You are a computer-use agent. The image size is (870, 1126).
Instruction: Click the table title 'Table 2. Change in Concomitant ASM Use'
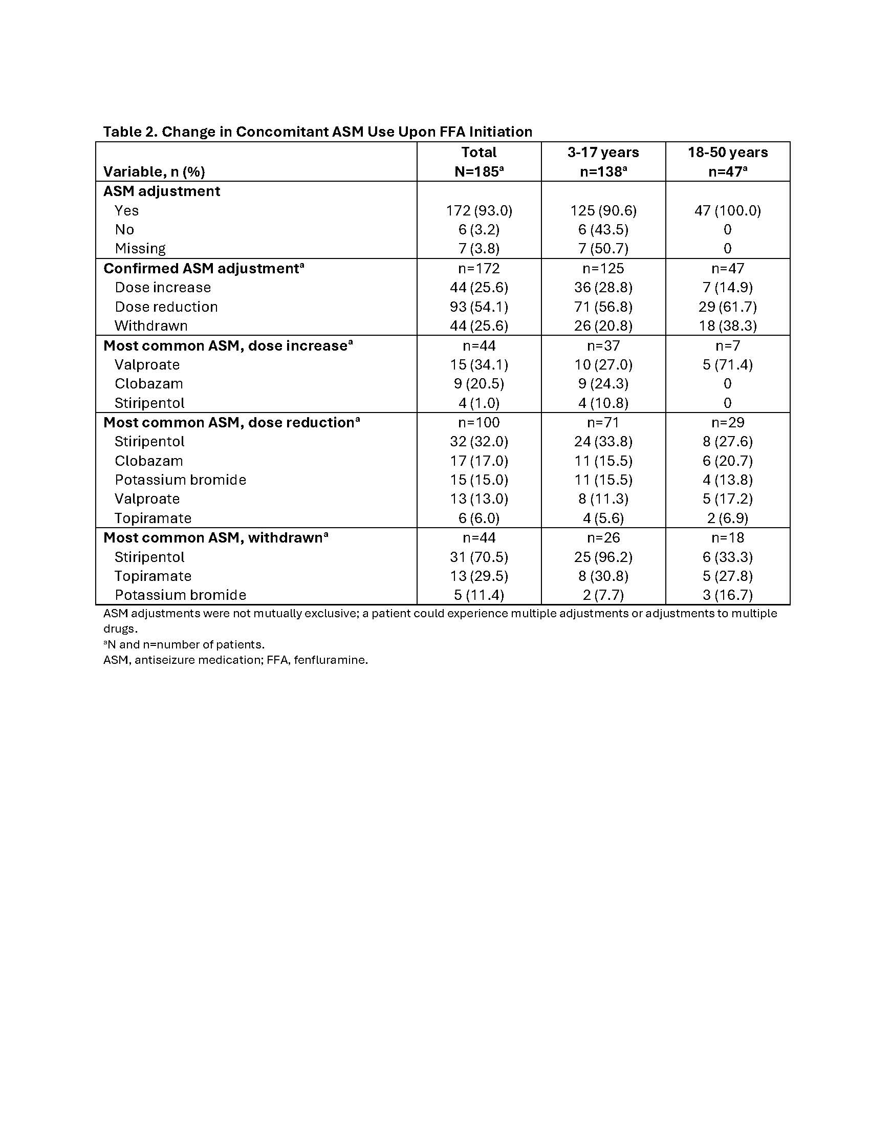317,132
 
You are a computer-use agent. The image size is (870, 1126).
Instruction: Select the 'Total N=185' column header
479,162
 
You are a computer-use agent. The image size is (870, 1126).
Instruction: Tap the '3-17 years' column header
603,153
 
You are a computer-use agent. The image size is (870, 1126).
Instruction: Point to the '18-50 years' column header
727,153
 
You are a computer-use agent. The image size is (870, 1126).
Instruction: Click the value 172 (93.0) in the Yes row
479,210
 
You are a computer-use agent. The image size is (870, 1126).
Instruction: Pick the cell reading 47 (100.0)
727,210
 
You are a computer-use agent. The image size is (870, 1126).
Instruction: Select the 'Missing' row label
140,249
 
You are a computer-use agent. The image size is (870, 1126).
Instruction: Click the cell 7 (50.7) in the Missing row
603,249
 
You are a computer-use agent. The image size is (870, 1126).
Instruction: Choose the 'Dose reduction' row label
166,307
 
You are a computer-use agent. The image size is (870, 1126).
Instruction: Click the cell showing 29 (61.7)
727,307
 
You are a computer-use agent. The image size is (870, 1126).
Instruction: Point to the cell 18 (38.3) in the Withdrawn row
727,326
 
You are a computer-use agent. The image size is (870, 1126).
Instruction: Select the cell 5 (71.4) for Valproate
727,365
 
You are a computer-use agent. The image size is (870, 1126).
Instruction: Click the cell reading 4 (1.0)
479,403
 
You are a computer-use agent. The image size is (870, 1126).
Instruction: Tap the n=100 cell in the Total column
479,423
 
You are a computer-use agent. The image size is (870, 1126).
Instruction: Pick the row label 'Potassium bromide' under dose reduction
180,480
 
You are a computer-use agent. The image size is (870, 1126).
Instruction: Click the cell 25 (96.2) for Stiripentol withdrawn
603,557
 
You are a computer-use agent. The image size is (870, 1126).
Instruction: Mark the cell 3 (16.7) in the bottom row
727,595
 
